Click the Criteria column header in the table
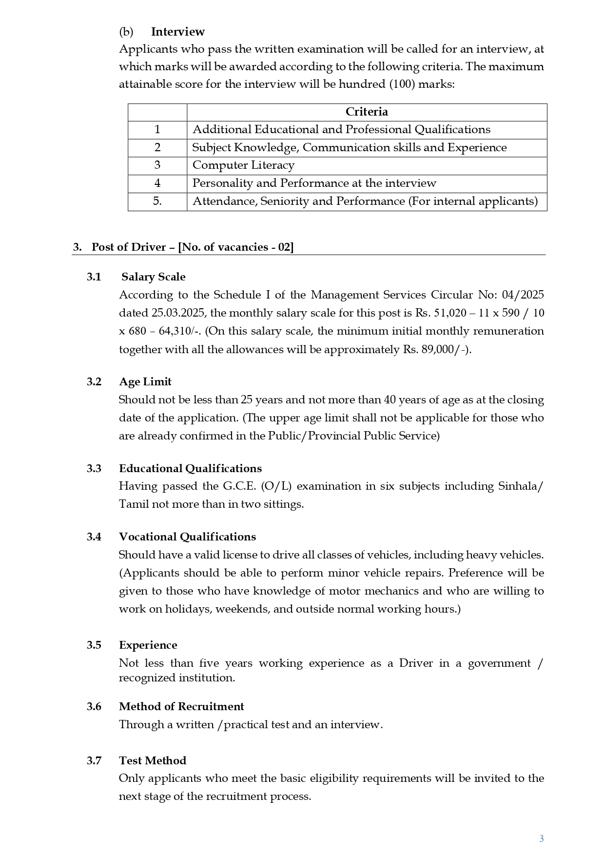pos(367,112)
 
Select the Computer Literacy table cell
pos(243,165)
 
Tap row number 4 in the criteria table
pos(157,183)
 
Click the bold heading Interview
pos(177,32)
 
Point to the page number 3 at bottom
pos(541,839)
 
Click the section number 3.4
pos(94,537)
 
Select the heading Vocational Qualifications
pos(187,537)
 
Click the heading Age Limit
pos(145,382)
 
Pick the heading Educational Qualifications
pos(190,469)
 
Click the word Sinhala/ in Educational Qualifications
pos(520,486)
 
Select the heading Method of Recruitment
pos(181,707)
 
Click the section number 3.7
pos(94,761)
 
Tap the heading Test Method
pos(153,761)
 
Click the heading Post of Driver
pos(129,247)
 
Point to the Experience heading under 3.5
pos(148,645)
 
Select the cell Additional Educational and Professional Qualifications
pos(341,130)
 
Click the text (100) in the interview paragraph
pos(402,84)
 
